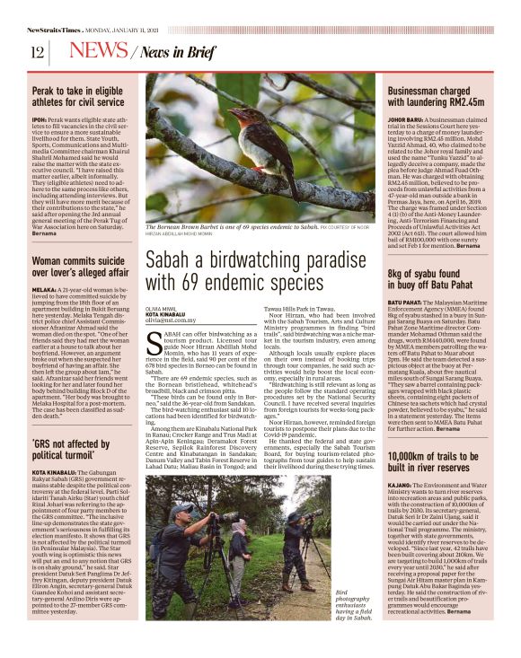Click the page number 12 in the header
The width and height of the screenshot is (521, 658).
tap(38, 52)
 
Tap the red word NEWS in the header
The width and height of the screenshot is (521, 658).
tap(97, 51)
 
